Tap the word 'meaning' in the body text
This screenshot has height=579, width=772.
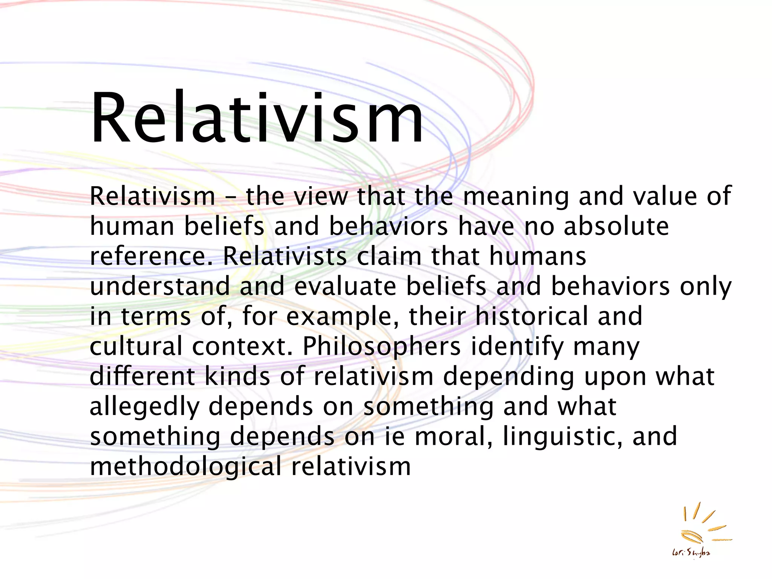tap(515, 197)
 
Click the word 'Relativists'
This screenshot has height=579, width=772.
tap(285, 256)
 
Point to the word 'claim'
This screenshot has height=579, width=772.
tap(389, 256)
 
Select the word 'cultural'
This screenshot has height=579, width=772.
tap(136, 346)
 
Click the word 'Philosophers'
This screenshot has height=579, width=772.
tap(381, 346)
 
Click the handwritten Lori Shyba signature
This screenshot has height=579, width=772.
tap(691, 553)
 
